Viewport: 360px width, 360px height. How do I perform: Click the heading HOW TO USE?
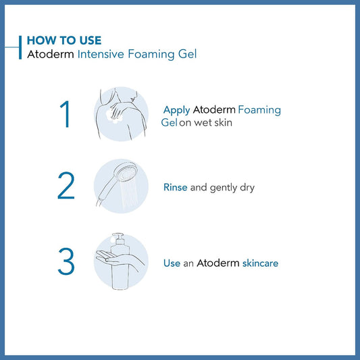click(64, 41)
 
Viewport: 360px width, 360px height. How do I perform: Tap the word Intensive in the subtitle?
click(101, 54)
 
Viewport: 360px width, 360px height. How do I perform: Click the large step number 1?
click(66, 114)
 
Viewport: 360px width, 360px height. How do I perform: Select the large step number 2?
click(66, 185)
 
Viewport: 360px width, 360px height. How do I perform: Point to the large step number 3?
click(66, 261)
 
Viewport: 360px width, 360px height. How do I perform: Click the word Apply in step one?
click(176, 111)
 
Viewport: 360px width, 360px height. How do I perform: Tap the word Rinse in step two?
click(176, 187)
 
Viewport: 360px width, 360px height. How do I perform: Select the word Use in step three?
click(172, 263)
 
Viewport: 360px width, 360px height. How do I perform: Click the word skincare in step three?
click(260, 263)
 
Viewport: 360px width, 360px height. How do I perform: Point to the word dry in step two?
click(247, 188)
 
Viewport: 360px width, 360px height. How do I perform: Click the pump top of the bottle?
click(119, 239)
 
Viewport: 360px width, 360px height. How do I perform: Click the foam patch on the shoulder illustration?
click(114, 115)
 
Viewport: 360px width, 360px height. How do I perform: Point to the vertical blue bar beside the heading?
click(20, 47)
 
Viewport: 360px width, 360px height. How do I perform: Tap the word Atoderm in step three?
click(218, 263)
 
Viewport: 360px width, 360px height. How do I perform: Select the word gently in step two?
click(224, 188)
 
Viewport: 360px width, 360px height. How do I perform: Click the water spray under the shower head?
click(129, 193)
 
